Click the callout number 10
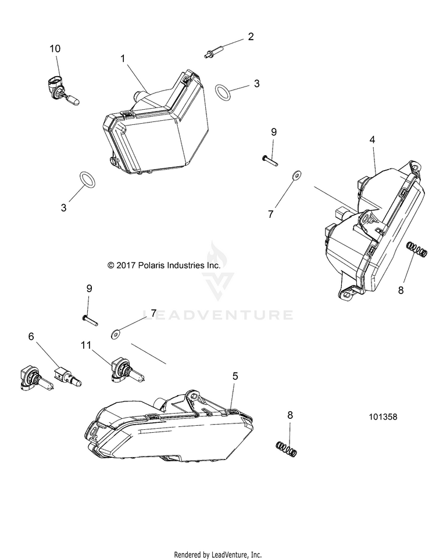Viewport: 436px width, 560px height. pyautogui.click(x=55, y=49)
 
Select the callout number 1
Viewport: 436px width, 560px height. pyautogui.click(x=123, y=58)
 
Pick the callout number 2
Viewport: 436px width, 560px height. pyautogui.click(x=251, y=37)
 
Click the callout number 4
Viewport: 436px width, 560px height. pyautogui.click(x=372, y=139)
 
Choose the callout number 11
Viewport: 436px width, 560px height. pyautogui.click(x=86, y=345)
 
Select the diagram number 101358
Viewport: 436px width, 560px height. pyautogui.click(x=386, y=417)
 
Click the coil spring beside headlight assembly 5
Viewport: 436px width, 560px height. pyautogui.click(x=286, y=448)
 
